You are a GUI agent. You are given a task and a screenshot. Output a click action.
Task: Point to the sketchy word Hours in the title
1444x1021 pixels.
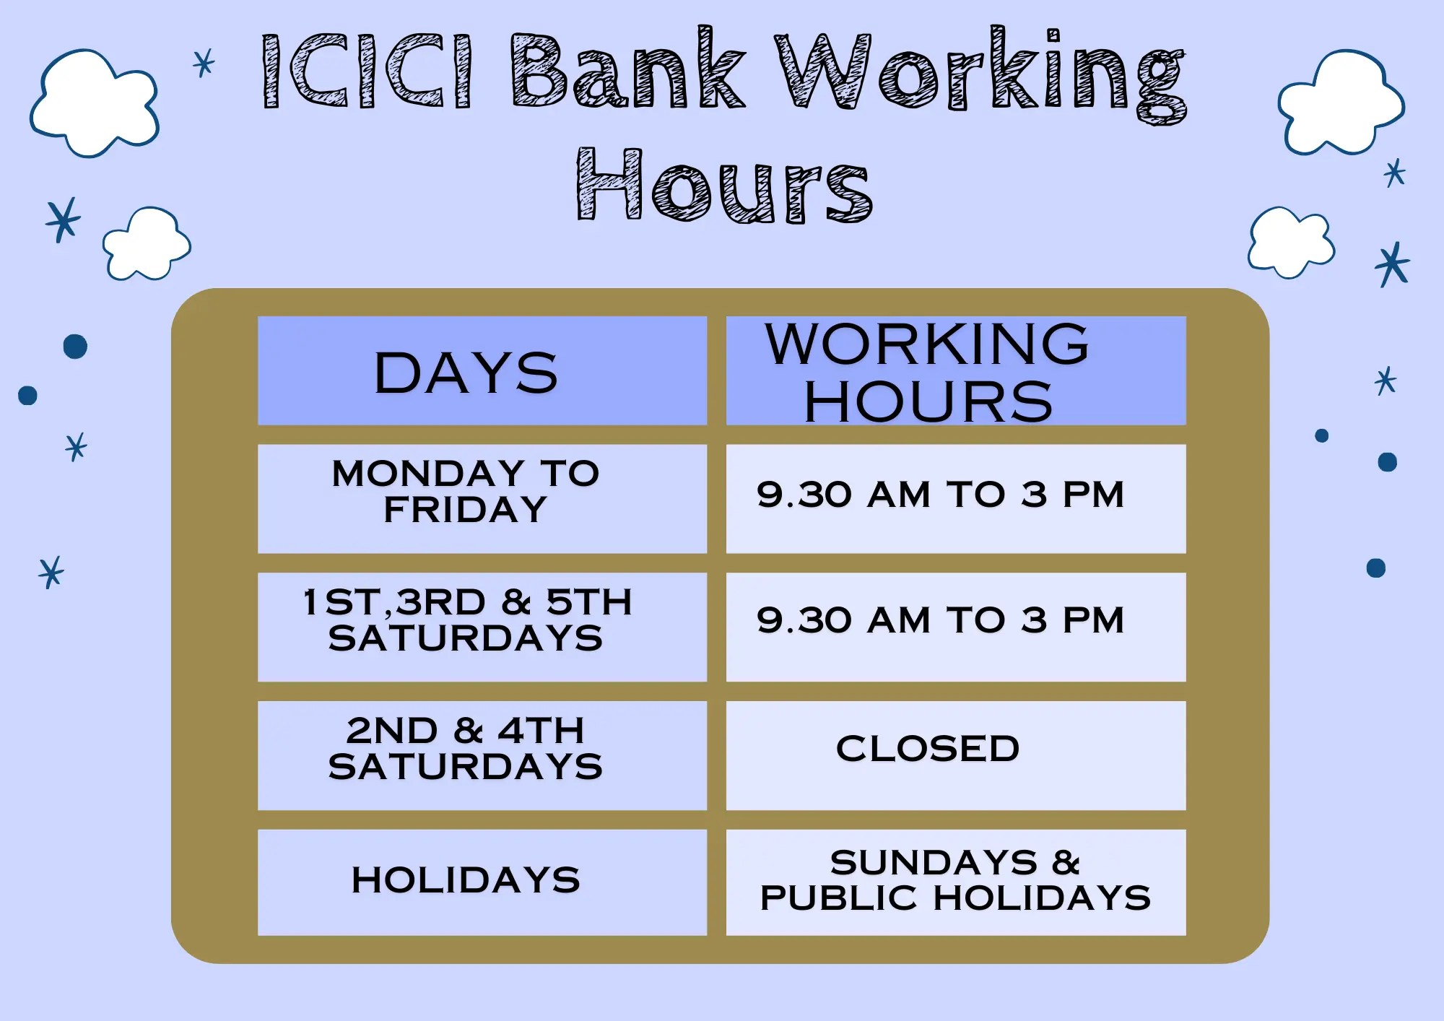(724, 186)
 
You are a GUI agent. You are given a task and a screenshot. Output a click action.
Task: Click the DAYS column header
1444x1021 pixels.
(466, 373)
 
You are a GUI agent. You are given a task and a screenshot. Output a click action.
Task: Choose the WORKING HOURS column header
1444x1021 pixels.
(928, 371)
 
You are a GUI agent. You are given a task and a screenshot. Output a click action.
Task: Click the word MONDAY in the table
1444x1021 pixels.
(427, 474)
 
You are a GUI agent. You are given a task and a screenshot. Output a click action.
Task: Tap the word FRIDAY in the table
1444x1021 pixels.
(466, 510)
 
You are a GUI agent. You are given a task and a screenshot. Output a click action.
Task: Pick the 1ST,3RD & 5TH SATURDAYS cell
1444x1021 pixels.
(466, 621)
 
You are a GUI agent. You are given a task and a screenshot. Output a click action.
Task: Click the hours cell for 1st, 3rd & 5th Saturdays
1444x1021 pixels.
(941, 621)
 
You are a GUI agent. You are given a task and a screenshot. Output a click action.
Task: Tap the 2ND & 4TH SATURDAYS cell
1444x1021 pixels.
(466, 749)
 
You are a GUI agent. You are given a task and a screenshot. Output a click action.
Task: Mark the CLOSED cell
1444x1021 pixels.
(928, 749)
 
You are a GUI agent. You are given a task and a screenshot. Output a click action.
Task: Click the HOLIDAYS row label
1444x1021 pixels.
(466, 880)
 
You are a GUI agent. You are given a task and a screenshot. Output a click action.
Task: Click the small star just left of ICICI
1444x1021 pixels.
(204, 63)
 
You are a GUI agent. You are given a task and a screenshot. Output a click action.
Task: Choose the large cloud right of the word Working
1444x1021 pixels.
(1341, 103)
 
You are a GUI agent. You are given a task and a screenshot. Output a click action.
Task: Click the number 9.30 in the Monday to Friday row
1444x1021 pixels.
(804, 496)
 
